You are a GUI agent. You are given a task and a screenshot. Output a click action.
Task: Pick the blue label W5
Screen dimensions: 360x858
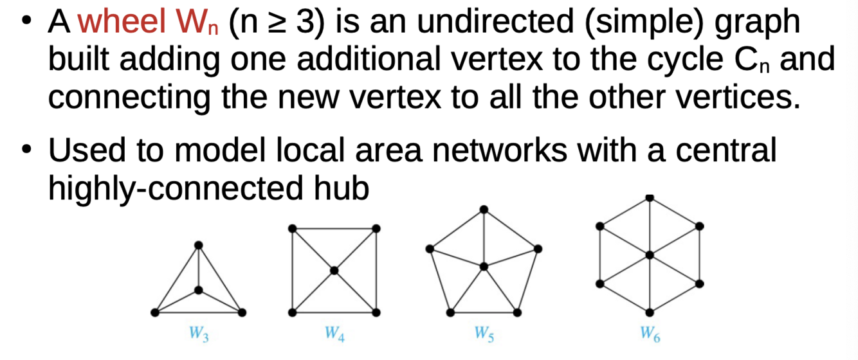pyautogui.click(x=484, y=334)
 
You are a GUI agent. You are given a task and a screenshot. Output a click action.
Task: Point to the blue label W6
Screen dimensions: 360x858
pyautogui.click(x=650, y=334)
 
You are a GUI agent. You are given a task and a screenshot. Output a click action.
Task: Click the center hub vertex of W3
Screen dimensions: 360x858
pyautogui.click(x=199, y=290)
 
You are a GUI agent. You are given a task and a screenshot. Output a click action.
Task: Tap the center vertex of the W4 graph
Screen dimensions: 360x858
pyautogui.click(x=334, y=271)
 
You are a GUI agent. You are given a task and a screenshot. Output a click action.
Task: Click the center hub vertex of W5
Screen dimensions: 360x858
pyautogui.click(x=484, y=265)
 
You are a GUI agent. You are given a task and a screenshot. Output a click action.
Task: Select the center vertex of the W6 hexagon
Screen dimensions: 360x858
pyautogui.click(x=650, y=255)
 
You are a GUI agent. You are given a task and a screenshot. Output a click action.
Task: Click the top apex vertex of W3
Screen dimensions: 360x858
pyautogui.click(x=199, y=245)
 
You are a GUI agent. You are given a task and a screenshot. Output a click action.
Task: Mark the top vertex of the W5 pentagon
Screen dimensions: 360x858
pyautogui.click(x=484, y=209)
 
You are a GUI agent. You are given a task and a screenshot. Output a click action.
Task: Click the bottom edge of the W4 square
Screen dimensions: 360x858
pyautogui.click(x=334, y=312)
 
